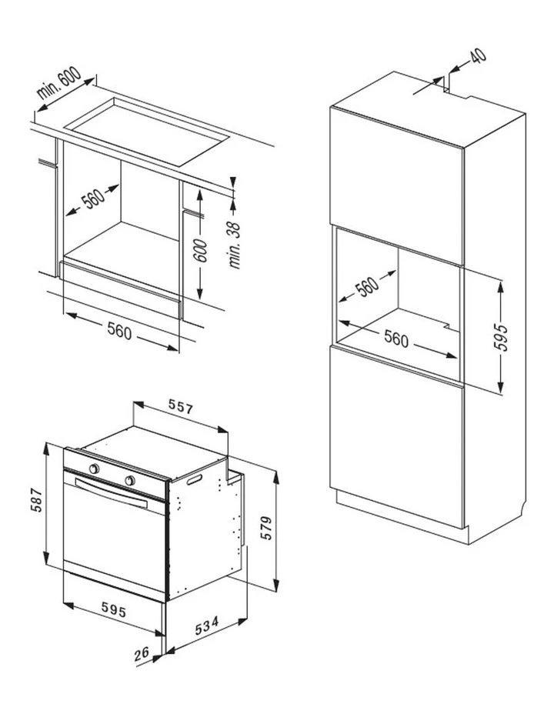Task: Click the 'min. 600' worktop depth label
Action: click(60, 83)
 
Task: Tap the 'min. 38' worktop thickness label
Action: click(235, 245)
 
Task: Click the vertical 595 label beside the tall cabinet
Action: click(500, 338)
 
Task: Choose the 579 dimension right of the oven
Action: click(266, 528)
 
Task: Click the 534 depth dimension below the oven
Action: click(207, 626)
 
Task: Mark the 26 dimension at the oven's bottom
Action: click(142, 654)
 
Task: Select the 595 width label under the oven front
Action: click(113, 609)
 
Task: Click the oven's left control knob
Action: click(94, 469)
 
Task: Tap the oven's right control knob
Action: click(130, 480)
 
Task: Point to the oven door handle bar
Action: click(111, 493)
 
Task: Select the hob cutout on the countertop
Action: click(148, 131)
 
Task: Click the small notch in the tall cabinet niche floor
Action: click(449, 326)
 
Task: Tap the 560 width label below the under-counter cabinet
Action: click(119, 331)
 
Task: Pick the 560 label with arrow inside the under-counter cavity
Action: click(93, 199)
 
